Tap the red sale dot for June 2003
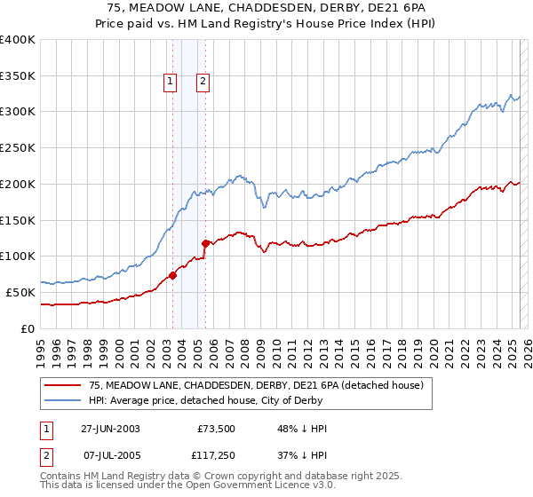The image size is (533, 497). (172, 275)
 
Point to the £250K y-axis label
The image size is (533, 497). (18, 147)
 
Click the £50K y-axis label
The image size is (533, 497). (21, 292)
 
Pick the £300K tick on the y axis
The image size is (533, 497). (18, 112)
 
